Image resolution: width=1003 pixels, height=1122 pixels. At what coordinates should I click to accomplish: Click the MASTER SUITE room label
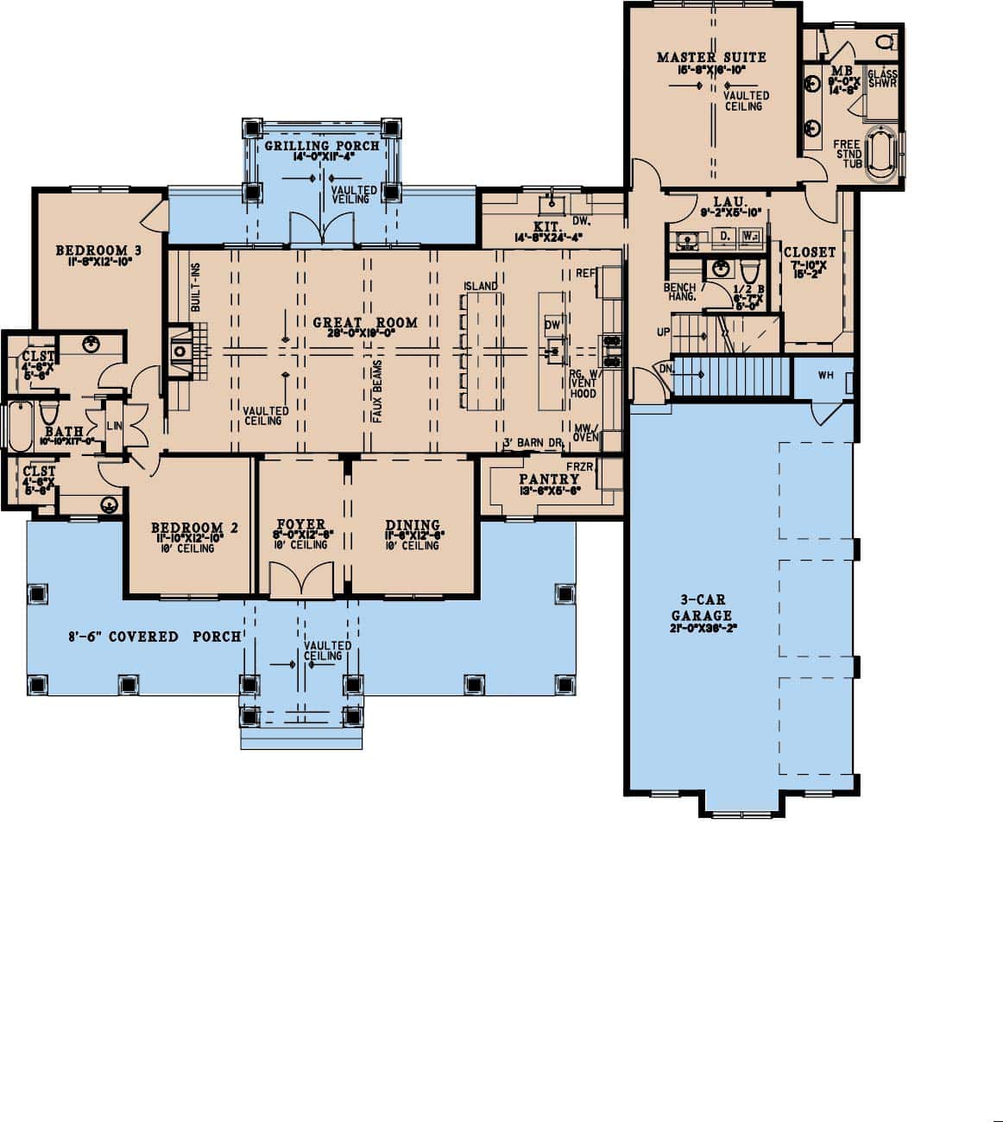point(711,58)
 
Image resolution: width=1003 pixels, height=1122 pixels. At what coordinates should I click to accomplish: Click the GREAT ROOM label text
point(365,323)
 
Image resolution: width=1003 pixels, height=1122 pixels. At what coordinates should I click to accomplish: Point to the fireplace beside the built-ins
point(180,351)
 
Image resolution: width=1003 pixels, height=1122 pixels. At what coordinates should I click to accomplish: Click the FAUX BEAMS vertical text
point(377,393)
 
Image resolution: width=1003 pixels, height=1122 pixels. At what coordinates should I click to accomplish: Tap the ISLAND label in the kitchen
point(480,286)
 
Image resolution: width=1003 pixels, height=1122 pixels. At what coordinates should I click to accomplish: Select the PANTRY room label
point(549,479)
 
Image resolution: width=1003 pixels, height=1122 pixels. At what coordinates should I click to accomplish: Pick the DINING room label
point(413,525)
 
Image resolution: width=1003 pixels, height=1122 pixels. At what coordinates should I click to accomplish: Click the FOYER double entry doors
point(301,580)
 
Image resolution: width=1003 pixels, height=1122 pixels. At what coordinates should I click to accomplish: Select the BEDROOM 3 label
point(98,250)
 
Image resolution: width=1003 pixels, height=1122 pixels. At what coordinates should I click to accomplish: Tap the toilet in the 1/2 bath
point(749,269)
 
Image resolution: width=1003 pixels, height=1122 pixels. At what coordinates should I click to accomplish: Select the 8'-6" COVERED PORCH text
point(155,637)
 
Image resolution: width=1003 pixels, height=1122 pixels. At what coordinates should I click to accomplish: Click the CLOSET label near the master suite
point(809,252)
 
